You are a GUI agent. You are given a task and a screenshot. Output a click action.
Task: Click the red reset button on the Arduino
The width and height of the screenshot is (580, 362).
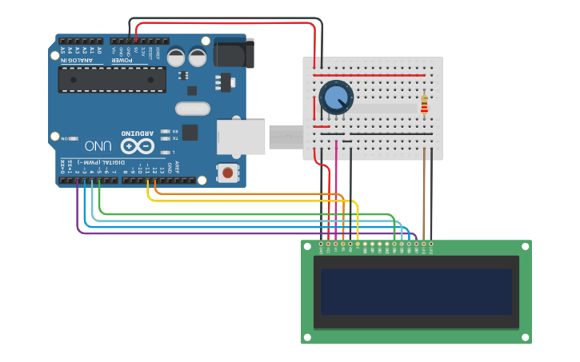tap(229, 172)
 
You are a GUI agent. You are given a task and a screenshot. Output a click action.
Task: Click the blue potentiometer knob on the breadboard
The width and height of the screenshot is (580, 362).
tap(335, 97)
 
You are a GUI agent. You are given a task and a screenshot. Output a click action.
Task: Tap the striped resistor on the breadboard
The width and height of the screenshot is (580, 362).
tap(424, 105)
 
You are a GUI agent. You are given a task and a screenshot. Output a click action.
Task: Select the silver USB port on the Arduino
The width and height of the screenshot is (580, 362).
tap(241, 137)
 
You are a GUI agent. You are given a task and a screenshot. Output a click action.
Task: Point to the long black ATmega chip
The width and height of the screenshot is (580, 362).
tap(112, 79)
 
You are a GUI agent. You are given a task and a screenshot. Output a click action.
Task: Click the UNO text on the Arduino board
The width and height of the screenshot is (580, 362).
tap(98, 146)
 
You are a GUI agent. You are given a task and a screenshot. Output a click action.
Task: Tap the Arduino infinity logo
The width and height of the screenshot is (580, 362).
tap(137, 146)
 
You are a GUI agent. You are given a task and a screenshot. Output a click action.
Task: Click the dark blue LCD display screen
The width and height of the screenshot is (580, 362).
tap(416, 292)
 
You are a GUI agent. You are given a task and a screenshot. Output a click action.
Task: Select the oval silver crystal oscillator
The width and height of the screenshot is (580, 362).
tap(193, 108)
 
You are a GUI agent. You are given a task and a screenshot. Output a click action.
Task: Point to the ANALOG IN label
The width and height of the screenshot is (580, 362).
tap(79, 60)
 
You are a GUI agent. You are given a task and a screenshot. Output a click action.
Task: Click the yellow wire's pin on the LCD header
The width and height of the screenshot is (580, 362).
tap(358, 243)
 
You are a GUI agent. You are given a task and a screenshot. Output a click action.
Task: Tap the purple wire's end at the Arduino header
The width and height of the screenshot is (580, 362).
tap(78, 182)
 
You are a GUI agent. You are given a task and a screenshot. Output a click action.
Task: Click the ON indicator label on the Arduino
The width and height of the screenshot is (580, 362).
tap(66, 138)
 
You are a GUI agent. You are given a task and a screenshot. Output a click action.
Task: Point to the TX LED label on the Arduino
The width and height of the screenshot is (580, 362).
tap(174, 138)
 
